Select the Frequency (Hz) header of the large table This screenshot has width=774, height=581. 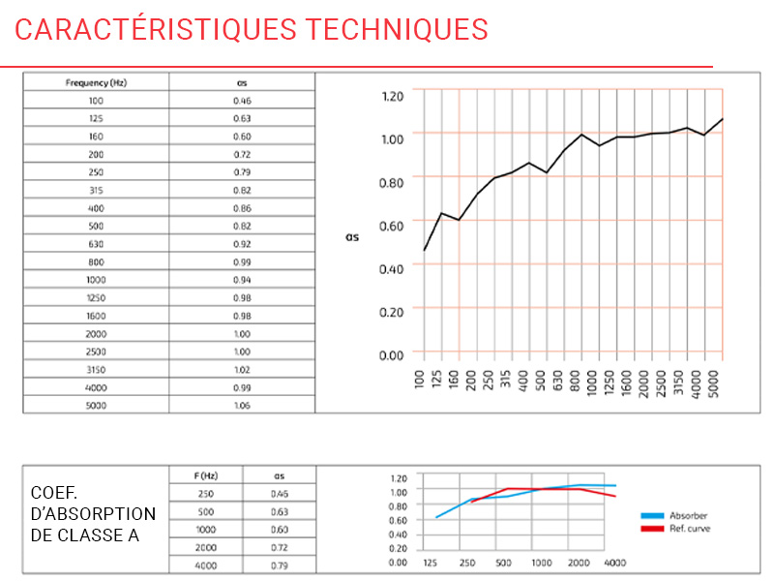(x=96, y=82)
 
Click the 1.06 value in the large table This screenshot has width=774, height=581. (x=242, y=405)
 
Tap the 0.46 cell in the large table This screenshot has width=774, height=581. (x=242, y=101)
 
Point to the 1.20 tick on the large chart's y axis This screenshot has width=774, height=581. (x=392, y=96)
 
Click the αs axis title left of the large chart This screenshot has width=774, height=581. (x=351, y=235)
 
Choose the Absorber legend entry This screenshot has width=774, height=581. (x=688, y=516)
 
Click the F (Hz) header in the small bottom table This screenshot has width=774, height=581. (x=206, y=475)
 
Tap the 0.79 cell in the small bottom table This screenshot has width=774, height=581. (x=280, y=566)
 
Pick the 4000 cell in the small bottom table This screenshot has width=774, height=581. (x=206, y=566)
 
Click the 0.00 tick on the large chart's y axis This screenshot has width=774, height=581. (x=392, y=354)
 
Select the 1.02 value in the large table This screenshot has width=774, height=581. (x=242, y=369)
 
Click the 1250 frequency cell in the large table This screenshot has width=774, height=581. (x=96, y=297)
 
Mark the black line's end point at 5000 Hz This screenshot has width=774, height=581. (x=722, y=119)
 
